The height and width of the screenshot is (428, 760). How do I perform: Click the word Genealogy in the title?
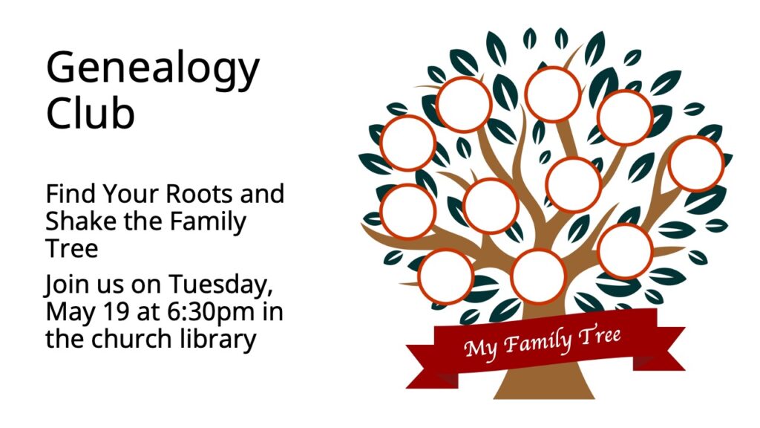coord(153,71)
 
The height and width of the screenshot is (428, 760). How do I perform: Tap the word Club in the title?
coord(90,113)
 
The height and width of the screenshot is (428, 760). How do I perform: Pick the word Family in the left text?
coord(208,222)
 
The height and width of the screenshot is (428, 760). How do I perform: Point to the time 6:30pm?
coord(211,313)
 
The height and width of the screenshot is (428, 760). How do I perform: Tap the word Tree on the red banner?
coord(600,335)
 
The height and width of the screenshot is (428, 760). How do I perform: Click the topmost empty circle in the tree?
coord(552,94)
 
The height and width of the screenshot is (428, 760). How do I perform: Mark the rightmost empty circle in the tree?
coord(696,164)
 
